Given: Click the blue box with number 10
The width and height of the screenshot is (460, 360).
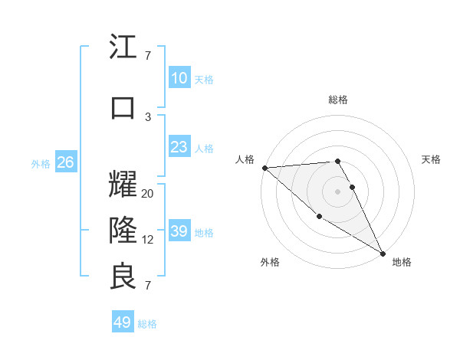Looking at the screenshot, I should tap(179, 78).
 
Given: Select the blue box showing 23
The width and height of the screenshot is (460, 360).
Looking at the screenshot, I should tap(179, 147).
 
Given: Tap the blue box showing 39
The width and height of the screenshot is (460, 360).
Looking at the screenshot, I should tap(179, 231).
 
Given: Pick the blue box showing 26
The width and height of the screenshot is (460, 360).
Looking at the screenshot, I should tap(66, 162).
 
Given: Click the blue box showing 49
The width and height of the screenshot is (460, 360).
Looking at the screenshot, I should tap(123, 322).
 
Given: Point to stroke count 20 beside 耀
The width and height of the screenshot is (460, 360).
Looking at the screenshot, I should tap(148, 194).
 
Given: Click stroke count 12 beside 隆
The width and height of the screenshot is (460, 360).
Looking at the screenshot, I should tap(148, 240).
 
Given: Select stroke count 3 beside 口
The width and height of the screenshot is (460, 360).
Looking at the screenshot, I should tap(148, 116).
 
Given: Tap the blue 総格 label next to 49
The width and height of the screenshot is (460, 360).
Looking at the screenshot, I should tap(147, 324).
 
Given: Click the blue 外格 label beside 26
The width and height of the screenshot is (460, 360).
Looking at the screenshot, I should tap(41, 163).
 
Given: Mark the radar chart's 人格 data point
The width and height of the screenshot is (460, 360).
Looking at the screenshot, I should tap(264, 168).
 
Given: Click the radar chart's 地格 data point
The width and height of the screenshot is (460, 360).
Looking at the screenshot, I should tap(383, 253).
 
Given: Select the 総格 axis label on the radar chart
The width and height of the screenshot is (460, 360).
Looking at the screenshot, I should tap(337, 100).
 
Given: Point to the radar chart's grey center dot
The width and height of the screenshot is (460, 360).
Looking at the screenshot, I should tap(337, 191).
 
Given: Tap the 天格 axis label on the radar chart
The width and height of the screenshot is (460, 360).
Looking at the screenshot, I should tap(431, 159).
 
